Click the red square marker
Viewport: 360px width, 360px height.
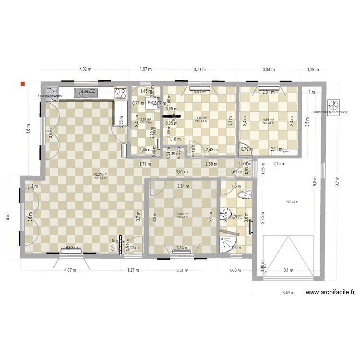pyautogui.click(x=22, y=84)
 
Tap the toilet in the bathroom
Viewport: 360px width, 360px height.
pyautogui.click(x=247, y=194)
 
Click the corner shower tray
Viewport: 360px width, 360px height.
pyautogui.click(x=228, y=242)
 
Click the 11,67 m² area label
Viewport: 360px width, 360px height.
pyautogui.click(x=201, y=118)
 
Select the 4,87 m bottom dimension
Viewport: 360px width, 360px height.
pyautogui.click(x=71, y=270)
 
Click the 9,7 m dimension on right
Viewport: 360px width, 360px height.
pyautogui.click(x=337, y=181)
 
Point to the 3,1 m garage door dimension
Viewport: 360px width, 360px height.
pyautogui.click(x=288, y=271)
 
